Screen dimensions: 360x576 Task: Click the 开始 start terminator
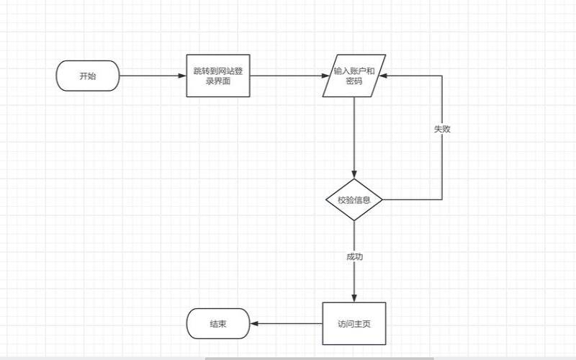pos(88,76)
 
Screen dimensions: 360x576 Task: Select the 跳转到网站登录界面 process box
pos(217,76)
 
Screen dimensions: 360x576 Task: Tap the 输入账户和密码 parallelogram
pos(354,76)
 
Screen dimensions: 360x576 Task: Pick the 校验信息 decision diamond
pos(354,199)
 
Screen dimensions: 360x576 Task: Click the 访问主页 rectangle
pos(354,323)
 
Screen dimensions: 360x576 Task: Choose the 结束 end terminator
pos(217,323)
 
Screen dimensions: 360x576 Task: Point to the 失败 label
pos(442,129)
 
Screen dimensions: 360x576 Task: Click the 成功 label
pos(354,256)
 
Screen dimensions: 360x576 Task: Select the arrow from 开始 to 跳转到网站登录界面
pos(152,76)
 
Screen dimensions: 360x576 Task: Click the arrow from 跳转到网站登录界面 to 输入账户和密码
pos(287,76)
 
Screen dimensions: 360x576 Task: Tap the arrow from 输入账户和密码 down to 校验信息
pos(354,137)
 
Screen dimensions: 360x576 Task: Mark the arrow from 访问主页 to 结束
pos(286,323)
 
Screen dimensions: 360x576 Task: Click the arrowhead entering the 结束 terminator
pos(254,323)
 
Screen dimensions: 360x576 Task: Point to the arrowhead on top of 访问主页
pos(354,297)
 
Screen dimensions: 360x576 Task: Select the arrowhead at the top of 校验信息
pos(354,175)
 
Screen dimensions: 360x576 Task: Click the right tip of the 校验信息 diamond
pos(382,199)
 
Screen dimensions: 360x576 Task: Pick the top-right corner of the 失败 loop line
pos(442,76)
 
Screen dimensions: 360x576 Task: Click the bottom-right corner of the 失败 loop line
pos(442,199)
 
